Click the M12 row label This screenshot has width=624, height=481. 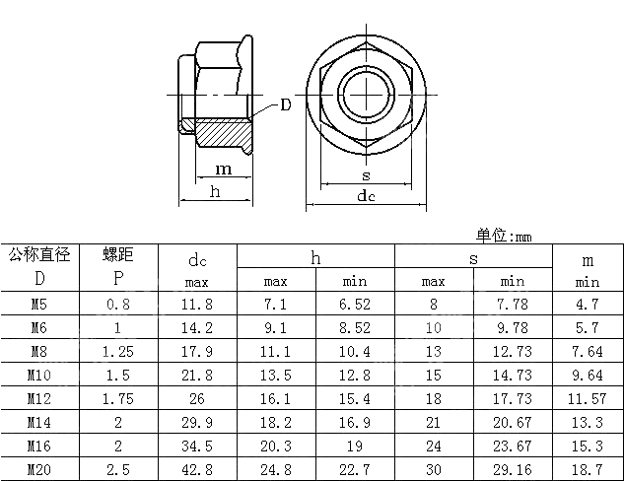pyautogui.click(x=39, y=397)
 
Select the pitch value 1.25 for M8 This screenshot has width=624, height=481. pyautogui.click(x=118, y=351)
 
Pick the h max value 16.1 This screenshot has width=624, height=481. pyautogui.click(x=276, y=397)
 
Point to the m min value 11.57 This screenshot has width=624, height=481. pyautogui.click(x=588, y=397)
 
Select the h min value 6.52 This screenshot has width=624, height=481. pyautogui.click(x=355, y=304)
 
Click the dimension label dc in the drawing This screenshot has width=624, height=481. pyautogui.click(x=366, y=196)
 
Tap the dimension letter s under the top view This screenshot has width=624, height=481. pyautogui.click(x=366, y=175)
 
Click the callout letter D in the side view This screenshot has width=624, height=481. pyautogui.click(x=285, y=104)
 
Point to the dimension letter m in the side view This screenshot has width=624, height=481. pyautogui.click(x=224, y=170)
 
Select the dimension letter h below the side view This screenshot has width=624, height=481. pyautogui.click(x=215, y=191)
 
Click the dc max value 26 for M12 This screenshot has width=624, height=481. pyautogui.click(x=197, y=397)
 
